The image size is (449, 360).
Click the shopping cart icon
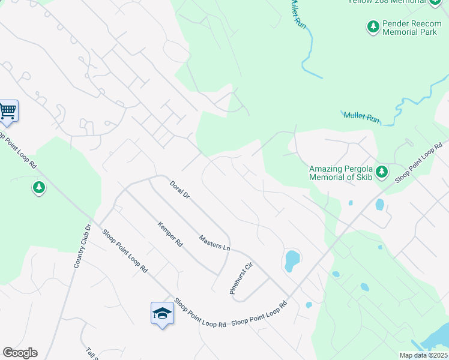pyautogui.click(x=8, y=110)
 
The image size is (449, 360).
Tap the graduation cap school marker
pyautogui.click(x=162, y=313)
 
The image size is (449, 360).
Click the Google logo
pyautogui.click(x=20, y=353)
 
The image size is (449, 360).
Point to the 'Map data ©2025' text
pyautogui.click(x=423, y=355)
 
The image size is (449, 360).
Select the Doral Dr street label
pyautogui.click(x=179, y=190)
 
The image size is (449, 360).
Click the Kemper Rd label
pyautogui.click(x=169, y=235)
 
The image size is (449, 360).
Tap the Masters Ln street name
pyautogui.click(x=214, y=243)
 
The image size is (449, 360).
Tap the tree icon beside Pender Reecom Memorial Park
pyautogui.click(x=373, y=26)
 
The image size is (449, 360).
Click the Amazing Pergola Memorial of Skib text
pyautogui.click(x=340, y=173)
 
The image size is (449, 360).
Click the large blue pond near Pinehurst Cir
pyautogui.click(x=292, y=260)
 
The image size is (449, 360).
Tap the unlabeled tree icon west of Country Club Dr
pyautogui.click(x=39, y=188)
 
